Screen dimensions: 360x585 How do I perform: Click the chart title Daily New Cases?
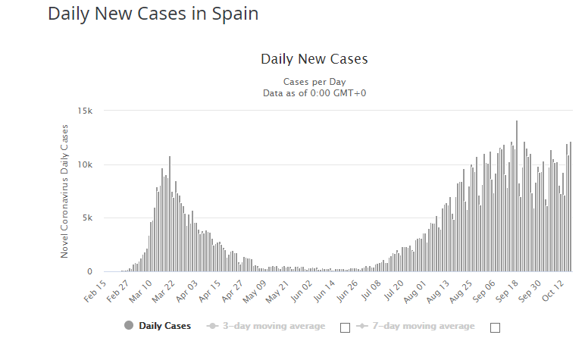314,59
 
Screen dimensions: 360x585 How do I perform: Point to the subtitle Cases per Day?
314,82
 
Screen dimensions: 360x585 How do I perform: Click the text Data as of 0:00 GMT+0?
314,93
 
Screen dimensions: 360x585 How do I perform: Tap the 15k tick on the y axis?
85,111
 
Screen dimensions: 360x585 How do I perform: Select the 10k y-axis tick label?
85,164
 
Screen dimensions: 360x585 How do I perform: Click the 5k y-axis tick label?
87,218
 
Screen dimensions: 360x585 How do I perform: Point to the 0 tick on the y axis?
89,271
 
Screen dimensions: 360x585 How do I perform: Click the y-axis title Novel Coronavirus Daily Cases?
65,191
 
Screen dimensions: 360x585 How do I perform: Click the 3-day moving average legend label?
273,326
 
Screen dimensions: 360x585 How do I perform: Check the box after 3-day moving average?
346,327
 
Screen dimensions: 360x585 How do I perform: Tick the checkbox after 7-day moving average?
496,327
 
